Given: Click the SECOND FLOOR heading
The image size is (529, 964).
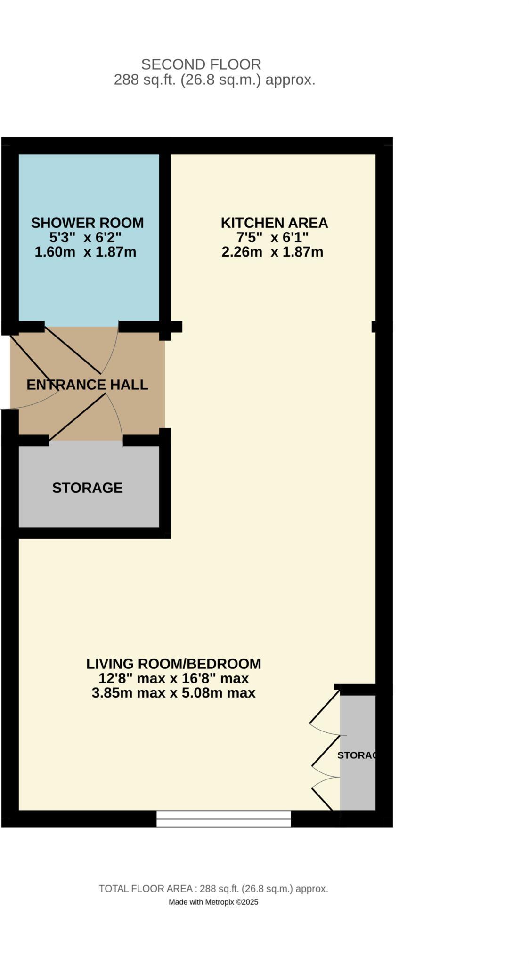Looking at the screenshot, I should (201, 64).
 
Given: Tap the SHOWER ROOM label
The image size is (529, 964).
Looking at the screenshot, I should (87, 223).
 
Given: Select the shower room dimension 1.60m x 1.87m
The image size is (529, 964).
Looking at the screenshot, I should (85, 252).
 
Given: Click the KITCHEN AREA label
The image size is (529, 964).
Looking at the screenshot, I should (274, 223).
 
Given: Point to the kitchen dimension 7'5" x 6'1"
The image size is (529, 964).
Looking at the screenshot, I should (272, 237).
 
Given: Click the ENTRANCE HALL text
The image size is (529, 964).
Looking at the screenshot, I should (87, 385).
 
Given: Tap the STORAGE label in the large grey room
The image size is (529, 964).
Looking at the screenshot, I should (87, 488).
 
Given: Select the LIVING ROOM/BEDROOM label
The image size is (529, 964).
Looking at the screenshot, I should (173, 664).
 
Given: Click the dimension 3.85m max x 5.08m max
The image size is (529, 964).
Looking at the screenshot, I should (173, 693).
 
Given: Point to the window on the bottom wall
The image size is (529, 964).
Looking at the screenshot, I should (223, 819).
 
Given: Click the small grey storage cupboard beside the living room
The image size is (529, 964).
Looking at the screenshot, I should (357, 753).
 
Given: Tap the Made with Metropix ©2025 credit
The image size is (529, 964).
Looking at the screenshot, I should (213, 902).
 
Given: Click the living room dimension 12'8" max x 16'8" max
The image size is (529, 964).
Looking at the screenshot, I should (173, 678).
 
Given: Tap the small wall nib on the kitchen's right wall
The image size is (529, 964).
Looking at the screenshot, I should (374, 326).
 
